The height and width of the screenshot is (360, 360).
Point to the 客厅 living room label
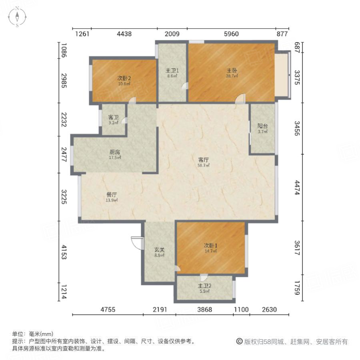(x=204, y=159)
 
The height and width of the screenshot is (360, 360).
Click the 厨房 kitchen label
(x=115, y=152)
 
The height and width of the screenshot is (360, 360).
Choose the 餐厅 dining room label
(x=111, y=195)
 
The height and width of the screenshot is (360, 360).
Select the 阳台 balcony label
(x=262, y=126)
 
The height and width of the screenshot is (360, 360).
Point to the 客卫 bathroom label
(x=113, y=118)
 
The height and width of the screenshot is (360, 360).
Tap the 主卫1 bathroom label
(x=172, y=70)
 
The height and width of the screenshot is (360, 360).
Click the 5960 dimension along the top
(x=231, y=34)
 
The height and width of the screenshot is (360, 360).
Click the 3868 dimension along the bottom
(x=204, y=309)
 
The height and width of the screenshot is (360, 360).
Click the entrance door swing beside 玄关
(x=136, y=242)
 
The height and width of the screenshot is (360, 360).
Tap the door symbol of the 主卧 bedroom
(x=240, y=98)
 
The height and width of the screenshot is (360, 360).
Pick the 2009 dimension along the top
(x=172, y=34)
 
